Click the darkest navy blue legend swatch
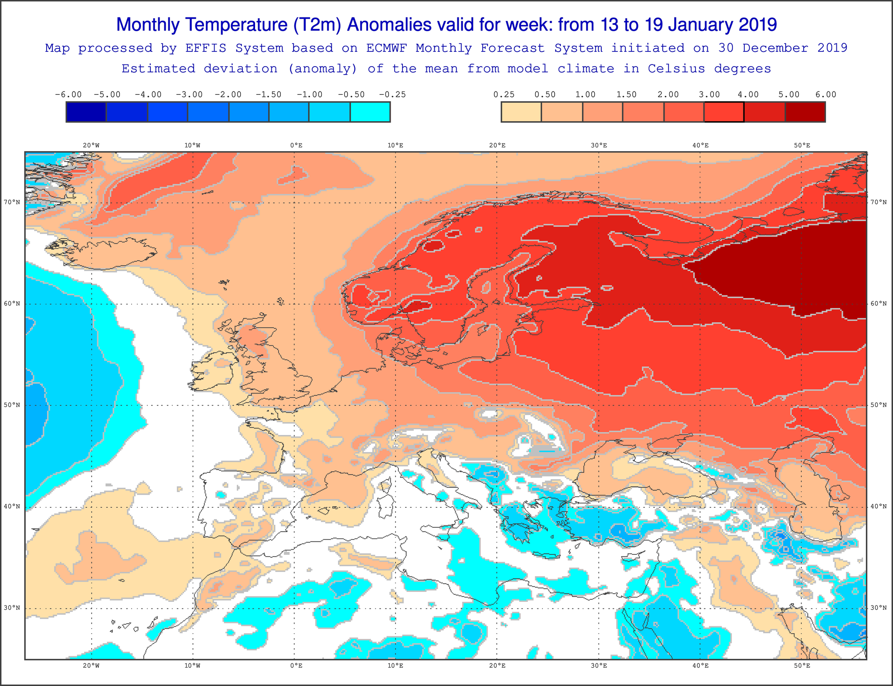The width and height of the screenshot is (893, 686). tap(86, 112)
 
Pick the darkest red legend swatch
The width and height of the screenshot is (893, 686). tap(805, 112)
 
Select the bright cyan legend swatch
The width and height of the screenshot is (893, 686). tap(370, 112)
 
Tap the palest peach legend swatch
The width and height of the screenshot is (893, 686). tap(521, 112)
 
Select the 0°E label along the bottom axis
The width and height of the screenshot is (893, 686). tap(296, 666)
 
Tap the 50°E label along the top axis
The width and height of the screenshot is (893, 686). tap(802, 146)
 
